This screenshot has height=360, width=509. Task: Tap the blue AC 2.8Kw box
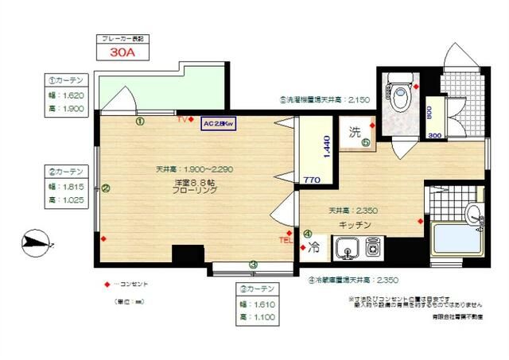tap(216, 125)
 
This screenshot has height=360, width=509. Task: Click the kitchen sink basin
tap(346, 251)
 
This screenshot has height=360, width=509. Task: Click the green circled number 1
tap(139, 122)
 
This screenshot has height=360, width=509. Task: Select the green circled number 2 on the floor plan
tap(105, 188)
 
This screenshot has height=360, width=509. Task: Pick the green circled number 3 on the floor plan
tap(253, 265)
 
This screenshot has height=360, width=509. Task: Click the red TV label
tap(182, 119)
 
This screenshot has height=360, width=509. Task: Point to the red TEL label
tap(285, 239)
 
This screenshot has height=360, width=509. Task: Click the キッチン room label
tap(355, 225)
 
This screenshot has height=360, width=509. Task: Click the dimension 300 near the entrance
tap(435, 135)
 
